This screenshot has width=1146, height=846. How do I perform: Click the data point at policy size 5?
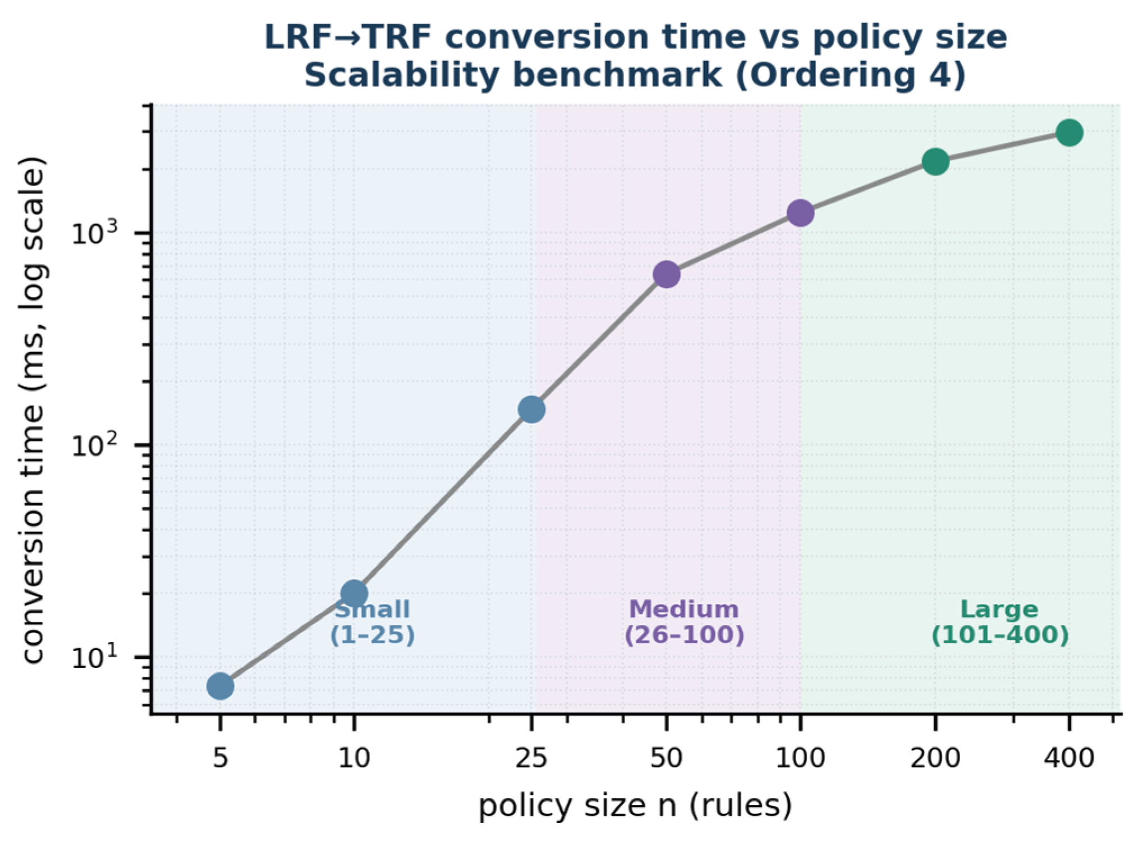(220, 686)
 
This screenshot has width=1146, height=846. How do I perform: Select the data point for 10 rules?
(354, 593)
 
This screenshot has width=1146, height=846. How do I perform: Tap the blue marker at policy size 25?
(531, 410)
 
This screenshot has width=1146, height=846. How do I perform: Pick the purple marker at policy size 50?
(666, 274)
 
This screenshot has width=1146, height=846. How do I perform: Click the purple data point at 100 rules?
(801, 213)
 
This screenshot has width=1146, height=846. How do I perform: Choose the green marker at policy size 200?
(935, 162)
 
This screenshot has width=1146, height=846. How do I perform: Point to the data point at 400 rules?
(1069, 133)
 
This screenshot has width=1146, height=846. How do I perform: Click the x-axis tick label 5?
(220, 758)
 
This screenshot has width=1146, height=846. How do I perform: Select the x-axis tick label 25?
(531, 758)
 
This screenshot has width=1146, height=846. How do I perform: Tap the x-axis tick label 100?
(801, 758)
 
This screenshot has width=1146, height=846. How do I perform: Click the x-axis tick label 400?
(1069, 758)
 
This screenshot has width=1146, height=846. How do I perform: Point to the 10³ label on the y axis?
(95, 231)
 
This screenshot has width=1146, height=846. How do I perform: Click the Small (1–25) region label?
(372, 622)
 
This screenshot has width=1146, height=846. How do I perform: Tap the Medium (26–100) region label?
(684, 622)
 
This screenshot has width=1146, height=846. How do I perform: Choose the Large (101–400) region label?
(1000, 622)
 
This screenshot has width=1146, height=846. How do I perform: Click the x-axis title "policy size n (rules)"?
(635, 806)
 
